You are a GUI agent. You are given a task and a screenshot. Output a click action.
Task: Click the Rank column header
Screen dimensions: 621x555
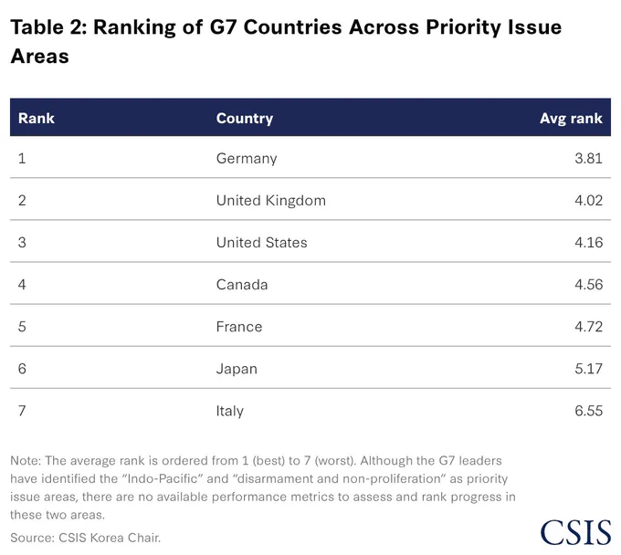tap(36, 119)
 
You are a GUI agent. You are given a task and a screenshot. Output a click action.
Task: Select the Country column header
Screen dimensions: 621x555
tap(245, 119)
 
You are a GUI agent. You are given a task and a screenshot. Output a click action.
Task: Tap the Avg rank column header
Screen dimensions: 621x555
tap(571, 119)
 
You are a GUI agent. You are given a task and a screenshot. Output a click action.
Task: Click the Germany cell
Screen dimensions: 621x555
tap(247, 159)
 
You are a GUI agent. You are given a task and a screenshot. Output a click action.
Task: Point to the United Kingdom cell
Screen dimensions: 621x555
tap(271, 201)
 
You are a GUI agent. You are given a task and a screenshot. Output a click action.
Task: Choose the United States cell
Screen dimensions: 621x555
tap(261, 243)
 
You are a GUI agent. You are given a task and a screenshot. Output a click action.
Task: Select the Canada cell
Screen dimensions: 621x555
tap(242, 285)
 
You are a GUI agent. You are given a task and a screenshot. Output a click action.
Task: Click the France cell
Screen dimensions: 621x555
tap(239, 327)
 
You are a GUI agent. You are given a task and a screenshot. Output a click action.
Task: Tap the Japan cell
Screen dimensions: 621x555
tap(237, 369)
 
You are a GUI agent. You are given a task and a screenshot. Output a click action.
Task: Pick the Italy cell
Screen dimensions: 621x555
tap(230, 411)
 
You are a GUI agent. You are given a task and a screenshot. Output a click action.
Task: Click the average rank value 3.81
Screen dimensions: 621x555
tap(588, 158)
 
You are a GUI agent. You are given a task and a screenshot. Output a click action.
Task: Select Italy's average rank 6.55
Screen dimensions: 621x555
tap(588, 411)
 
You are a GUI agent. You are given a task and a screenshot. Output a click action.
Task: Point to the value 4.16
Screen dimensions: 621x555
tap(588, 243)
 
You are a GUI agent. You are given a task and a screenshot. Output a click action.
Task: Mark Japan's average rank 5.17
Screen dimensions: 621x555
tap(588, 369)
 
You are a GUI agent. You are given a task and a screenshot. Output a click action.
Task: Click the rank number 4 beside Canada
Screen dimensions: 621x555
tap(22, 285)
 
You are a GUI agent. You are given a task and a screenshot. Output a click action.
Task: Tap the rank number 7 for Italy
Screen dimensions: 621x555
tap(22, 411)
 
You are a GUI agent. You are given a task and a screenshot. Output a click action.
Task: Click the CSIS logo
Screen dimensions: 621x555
tap(576, 532)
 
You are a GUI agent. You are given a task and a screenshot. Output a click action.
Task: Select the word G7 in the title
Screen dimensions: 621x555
tap(223, 27)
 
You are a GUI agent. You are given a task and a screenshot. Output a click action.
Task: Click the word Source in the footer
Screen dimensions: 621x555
tap(32, 538)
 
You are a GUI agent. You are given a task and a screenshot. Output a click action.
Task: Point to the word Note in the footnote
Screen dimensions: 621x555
tap(26, 461)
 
